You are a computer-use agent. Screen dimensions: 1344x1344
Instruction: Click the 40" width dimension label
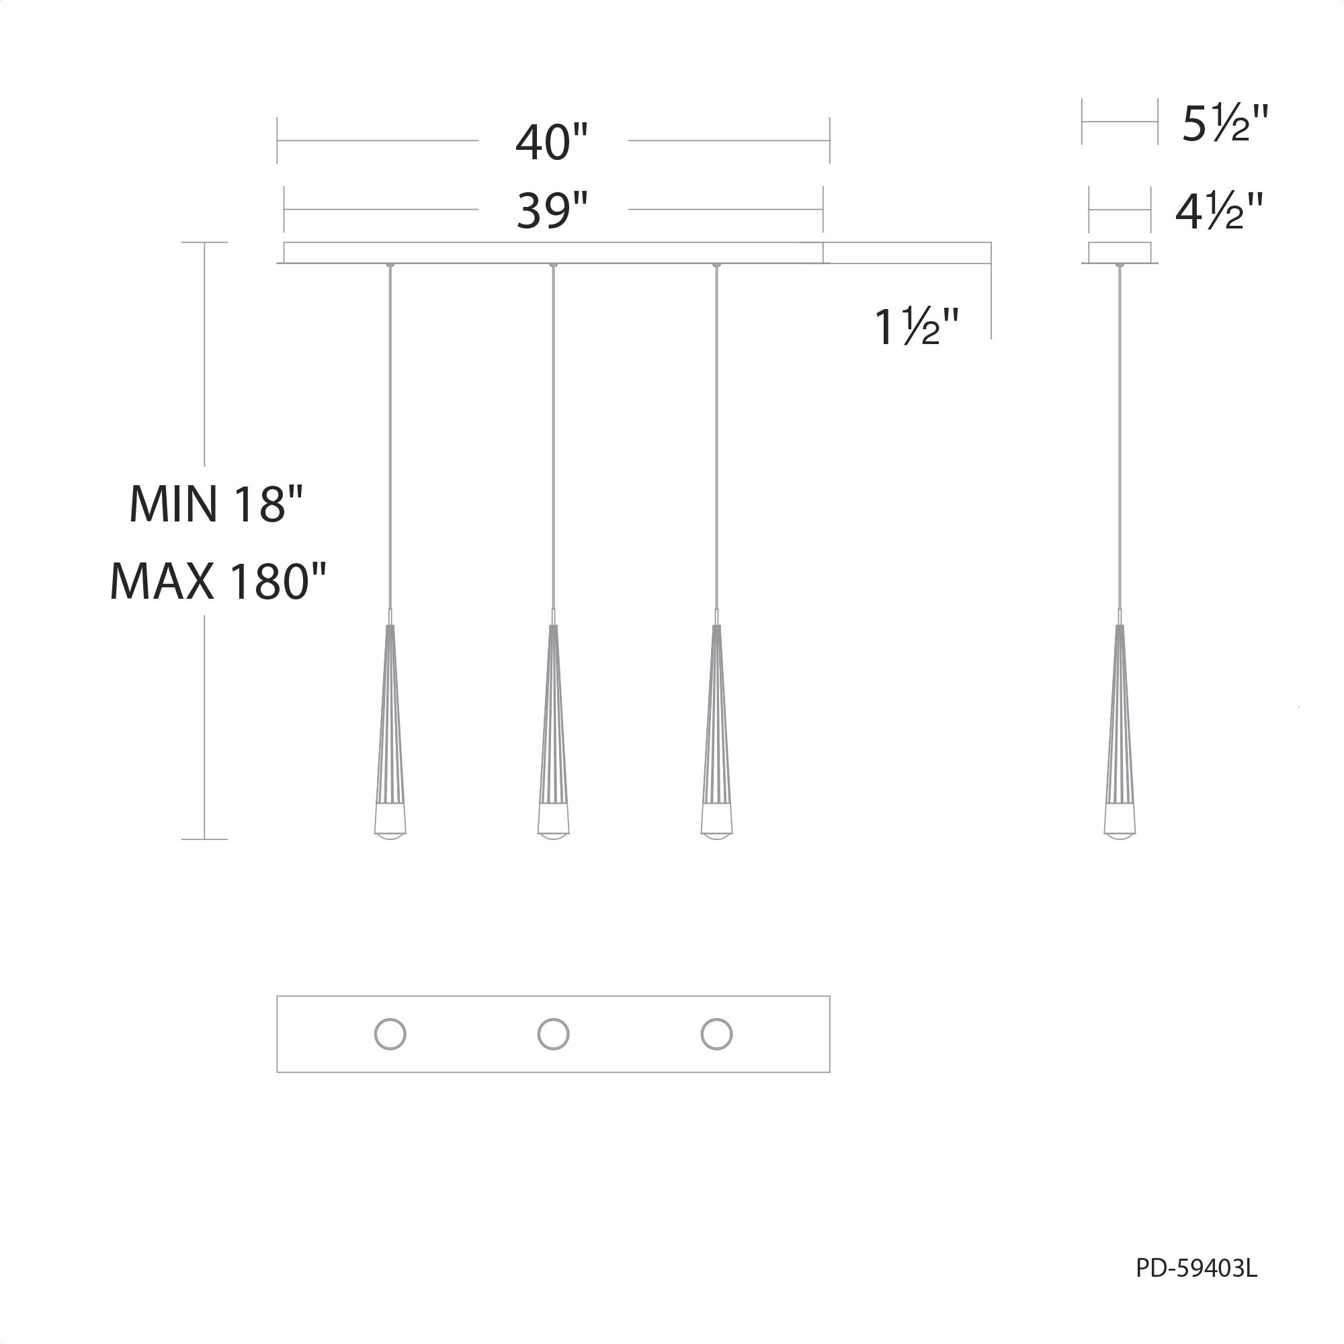552,142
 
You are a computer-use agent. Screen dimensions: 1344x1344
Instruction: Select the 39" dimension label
552,211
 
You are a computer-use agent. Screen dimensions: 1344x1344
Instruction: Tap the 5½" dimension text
1225,124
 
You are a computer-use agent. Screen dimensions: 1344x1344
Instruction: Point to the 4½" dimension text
1219,212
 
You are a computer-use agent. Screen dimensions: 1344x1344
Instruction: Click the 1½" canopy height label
916,327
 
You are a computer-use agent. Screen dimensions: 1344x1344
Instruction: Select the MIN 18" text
216,505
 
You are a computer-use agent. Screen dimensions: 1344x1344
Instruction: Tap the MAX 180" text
218,581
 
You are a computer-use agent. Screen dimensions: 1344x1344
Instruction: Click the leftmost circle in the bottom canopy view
390,1034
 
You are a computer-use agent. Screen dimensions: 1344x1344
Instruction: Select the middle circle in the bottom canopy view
553,1034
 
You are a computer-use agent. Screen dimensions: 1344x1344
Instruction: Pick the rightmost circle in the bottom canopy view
716,1034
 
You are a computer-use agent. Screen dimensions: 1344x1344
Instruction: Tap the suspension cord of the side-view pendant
1120,438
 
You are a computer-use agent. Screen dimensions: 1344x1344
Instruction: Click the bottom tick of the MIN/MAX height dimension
204,839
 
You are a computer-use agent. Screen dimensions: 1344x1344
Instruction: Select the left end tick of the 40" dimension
277,140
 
